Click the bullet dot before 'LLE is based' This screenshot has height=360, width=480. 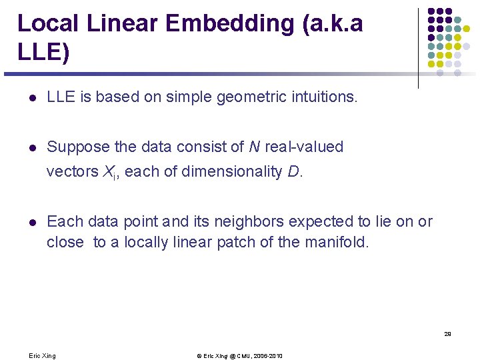click(31, 98)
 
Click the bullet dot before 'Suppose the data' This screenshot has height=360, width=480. click(31, 147)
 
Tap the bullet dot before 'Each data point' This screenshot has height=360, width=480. click(31, 222)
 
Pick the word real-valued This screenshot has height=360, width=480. click(305, 147)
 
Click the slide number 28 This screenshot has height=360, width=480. click(447, 333)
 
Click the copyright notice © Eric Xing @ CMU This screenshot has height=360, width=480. click(239, 356)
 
